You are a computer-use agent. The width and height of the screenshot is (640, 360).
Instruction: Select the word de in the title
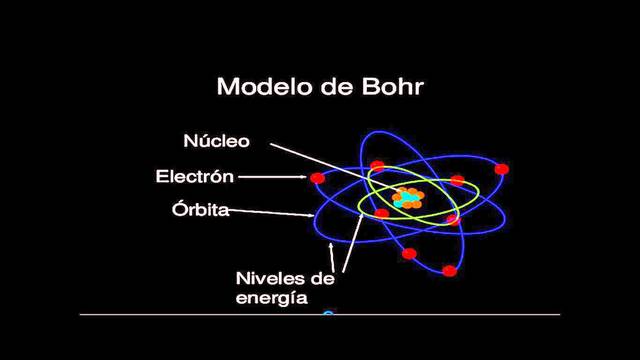(334, 88)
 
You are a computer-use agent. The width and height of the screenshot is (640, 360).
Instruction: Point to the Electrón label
(194, 178)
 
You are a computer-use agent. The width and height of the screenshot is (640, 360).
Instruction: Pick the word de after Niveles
(321, 277)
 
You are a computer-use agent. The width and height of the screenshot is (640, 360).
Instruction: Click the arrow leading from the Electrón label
(272, 179)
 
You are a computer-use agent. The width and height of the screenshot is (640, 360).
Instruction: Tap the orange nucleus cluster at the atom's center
(408, 197)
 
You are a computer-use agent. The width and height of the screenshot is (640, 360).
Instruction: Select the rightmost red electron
(501, 169)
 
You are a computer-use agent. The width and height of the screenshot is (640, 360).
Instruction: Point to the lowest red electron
(450, 271)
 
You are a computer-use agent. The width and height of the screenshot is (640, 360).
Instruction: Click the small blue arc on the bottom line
(327, 315)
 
